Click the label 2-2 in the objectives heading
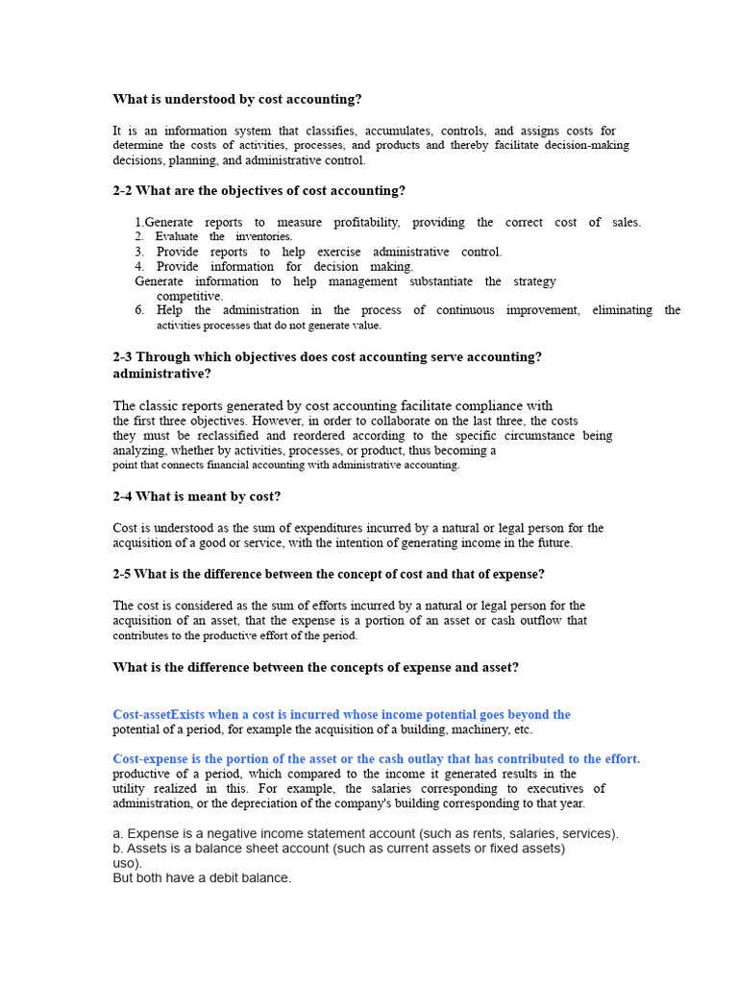click(x=123, y=191)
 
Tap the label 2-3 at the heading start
click(x=123, y=357)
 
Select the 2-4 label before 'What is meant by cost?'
click(x=123, y=497)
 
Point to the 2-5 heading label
click(x=123, y=574)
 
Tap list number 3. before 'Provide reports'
click(x=139, y=252)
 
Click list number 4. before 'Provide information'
click(x=139, y=267)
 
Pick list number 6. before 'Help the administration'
click(x=139, y=311)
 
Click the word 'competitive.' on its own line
click(x=190, y=297)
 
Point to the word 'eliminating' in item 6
click(x=621, y=311)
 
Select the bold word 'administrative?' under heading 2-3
click(x=161, y=373)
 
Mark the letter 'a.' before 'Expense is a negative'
click(x=118, y=834)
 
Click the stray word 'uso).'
click(x=127, y=863)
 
